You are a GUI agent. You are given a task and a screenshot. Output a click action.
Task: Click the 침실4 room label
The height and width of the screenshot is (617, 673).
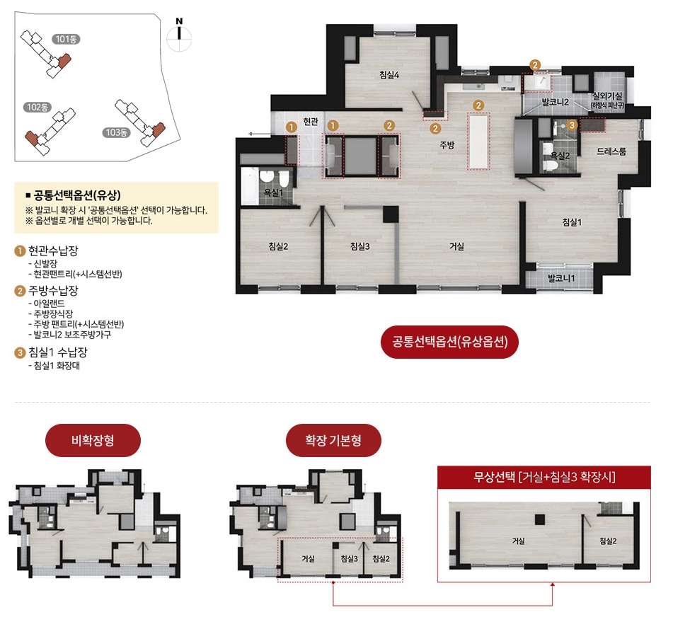tap(389, 75)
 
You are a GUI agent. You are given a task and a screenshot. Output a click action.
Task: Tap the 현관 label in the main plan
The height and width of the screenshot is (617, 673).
tap(311, 122)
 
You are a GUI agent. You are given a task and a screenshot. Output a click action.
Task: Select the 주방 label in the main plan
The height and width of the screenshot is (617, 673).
tap(447, 145)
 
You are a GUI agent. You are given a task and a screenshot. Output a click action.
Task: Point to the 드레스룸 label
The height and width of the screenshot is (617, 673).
tap(611, 151)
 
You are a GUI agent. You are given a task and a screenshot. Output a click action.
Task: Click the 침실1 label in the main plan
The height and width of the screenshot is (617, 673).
tap(572, 222)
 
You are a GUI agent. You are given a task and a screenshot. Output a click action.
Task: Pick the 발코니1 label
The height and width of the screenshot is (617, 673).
tap(561, 278)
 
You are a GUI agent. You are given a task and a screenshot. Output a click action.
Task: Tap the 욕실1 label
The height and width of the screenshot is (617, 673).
tap(273, 192)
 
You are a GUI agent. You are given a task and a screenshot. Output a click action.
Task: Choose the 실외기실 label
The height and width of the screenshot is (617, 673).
tap(607, 96)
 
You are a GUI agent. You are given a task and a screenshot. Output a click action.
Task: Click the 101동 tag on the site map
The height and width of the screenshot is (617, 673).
tap(66, 39)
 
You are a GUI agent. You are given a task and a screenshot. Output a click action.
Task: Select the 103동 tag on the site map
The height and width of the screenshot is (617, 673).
tap(116, 132)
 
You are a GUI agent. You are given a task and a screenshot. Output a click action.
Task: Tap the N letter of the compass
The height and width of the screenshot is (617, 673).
tap(179, 21)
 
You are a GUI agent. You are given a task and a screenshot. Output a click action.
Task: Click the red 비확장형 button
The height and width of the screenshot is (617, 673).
tap(93, 440)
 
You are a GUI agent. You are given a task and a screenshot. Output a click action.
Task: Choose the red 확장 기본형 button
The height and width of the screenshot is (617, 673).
tap(333, 440)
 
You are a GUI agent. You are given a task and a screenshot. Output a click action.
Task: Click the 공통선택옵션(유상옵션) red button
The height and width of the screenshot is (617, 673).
tap(449, 342)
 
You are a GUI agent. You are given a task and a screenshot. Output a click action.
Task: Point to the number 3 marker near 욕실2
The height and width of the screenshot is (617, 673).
tap(572, 125)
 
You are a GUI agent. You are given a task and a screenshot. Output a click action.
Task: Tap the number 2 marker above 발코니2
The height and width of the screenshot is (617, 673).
tap(535, 65)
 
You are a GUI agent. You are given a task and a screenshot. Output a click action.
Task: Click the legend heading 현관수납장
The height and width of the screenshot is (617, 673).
tap(53, 250)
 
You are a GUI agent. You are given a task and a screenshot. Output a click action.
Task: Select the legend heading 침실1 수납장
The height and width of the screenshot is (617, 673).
tap(57, 352)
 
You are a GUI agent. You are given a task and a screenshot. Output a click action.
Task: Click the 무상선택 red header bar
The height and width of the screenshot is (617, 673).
tap(543, 477)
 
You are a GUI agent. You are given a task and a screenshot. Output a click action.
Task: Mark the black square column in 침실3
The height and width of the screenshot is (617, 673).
tap(391, 214)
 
